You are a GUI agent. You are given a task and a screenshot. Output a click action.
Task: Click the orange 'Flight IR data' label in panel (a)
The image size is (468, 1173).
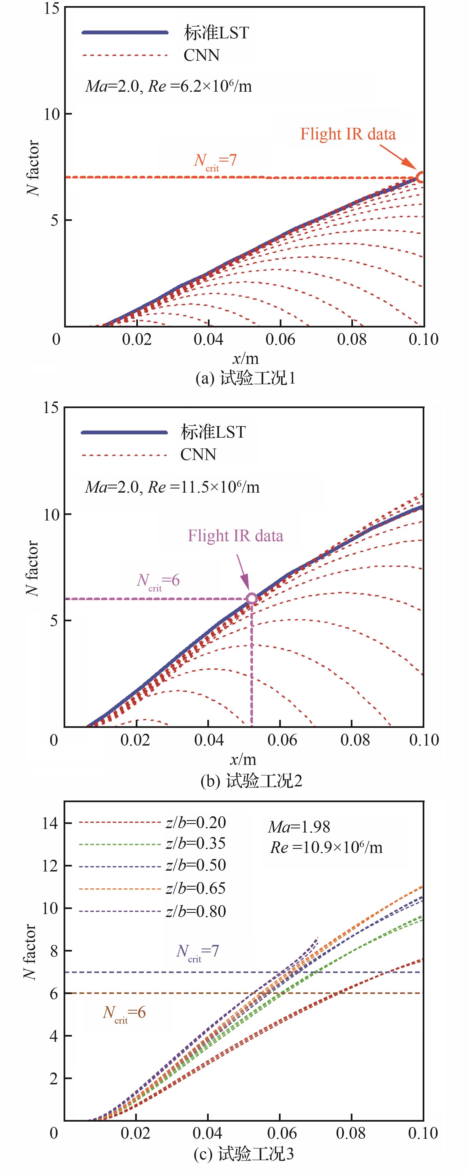[348, 134]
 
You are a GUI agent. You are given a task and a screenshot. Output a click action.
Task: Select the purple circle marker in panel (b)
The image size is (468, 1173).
[252, 599]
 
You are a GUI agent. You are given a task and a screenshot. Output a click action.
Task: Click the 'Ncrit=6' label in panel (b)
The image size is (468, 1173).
[158, 581]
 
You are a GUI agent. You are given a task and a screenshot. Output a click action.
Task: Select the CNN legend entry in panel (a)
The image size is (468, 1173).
[202, 55]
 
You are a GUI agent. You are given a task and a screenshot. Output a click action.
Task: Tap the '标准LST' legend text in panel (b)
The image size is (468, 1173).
[213, 432]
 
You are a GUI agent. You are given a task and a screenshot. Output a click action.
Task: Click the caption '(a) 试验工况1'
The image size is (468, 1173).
[245, 378]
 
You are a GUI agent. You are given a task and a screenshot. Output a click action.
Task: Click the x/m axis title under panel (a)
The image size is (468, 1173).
[245, 359]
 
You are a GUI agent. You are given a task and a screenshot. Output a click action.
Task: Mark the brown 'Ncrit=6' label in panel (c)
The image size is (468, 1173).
[124, 1013]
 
